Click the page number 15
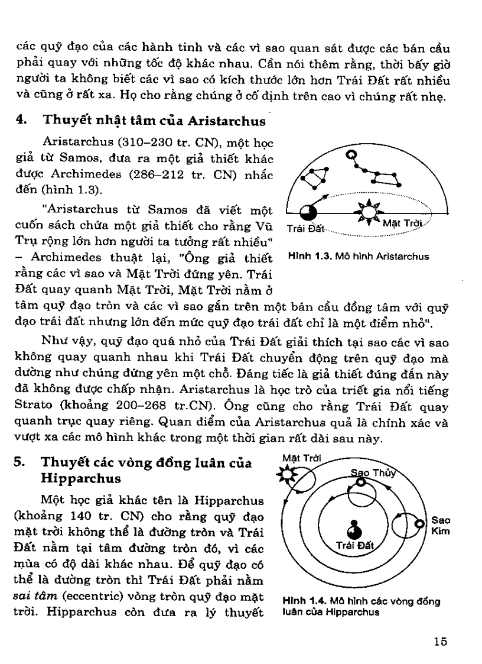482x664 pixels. click(439, 642)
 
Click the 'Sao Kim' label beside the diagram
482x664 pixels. click(441, 526)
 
